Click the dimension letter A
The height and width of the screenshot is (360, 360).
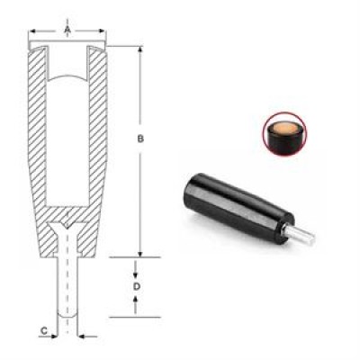coord(67,30)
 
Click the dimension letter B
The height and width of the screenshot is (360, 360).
coord(140,139)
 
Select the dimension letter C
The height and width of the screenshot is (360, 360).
coord(44,331)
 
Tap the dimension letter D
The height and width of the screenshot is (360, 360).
coord(137,287)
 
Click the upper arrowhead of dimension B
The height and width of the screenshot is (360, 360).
coord(140,49)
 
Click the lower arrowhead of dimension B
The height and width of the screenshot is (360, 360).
coord(140,254)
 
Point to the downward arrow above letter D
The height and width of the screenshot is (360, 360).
coord(135,270)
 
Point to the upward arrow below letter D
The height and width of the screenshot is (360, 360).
coord(135,304)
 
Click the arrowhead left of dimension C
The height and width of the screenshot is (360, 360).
coord(54,337)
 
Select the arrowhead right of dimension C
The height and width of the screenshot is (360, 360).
coord(82,337)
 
